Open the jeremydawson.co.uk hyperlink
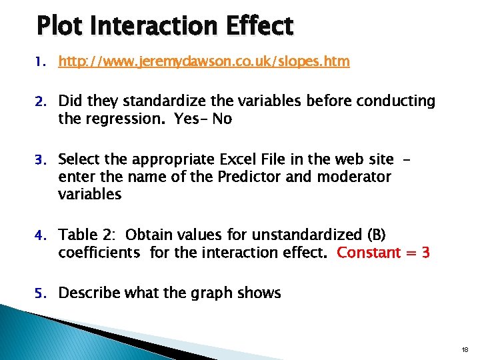coord(203,62)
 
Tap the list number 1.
coord(41,63)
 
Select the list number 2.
coord(41,102)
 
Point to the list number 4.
coord(41,236)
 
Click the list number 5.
coord(41,294)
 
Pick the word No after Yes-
coord(222,119)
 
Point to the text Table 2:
coord(87,235)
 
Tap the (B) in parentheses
coord(373,235)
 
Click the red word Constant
coord(369,253)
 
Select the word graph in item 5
coord(199,294)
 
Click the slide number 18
coord(465,349)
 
